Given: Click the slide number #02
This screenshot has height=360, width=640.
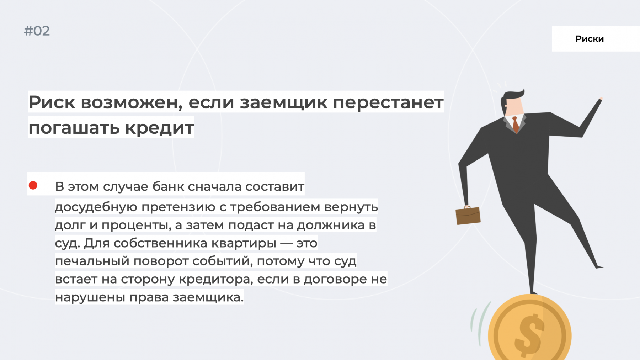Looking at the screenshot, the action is (x=37, y=31).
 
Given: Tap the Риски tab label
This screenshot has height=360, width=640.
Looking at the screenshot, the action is (x=590, y=39).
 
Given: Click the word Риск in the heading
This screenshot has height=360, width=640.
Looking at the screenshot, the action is (x=52, y=102).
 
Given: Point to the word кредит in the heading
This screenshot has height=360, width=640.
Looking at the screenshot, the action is (x=159, y=128).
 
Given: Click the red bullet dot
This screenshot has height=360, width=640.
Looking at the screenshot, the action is (x=33, y=185).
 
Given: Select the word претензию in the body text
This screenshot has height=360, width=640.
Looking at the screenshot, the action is (x=178, y=207).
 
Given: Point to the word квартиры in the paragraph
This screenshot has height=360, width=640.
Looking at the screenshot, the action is (x=244, y=243).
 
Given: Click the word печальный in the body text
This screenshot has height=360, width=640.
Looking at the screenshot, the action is (x=92, y=261).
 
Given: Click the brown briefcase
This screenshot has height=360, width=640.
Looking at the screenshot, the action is (x=468, y=215).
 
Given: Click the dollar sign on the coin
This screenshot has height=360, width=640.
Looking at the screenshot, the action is (x=529, y=335).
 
